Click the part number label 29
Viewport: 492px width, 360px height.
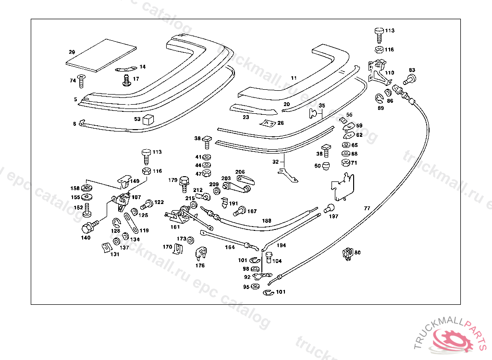72,52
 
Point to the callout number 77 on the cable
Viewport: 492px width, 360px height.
367,208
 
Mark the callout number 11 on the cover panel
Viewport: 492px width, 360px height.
294,78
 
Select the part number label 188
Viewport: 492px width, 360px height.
266,221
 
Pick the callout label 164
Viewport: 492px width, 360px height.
230,248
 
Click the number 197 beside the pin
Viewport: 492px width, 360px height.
333,216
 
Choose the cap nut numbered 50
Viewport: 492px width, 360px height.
325,166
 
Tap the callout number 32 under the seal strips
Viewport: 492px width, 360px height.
275,162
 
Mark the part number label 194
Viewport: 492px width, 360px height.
281,245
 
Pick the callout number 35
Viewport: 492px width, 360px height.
322,106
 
